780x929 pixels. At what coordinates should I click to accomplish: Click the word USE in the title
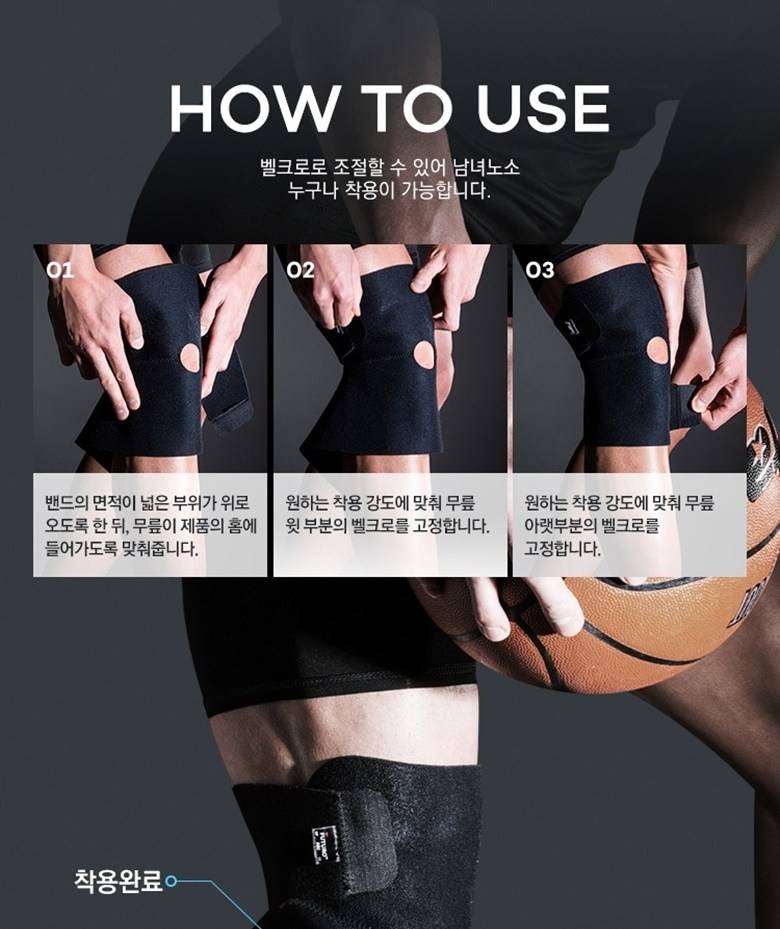coord(543,108)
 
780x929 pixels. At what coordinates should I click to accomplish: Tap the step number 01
coord(60,270)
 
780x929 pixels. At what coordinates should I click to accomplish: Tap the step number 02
coord(300,270)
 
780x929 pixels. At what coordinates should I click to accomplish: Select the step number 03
coord(540,270)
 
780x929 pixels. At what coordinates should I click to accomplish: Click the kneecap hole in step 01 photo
coord(190,357)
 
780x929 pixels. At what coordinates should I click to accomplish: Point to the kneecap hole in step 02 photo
coord(424,355)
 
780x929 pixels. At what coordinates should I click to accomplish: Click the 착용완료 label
coord(118,880)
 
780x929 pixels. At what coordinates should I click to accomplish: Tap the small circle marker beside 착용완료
coord(171,881)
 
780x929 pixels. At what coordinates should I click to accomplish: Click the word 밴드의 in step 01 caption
coord(66,503)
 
